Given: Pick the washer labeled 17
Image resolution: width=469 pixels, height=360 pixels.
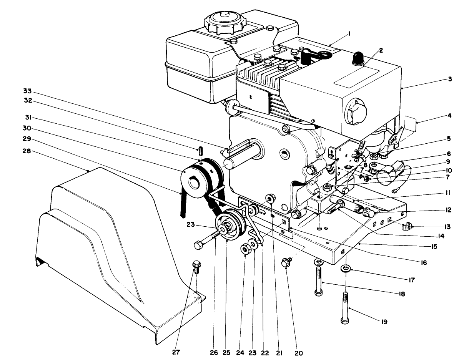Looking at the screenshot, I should tap(346, 267).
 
